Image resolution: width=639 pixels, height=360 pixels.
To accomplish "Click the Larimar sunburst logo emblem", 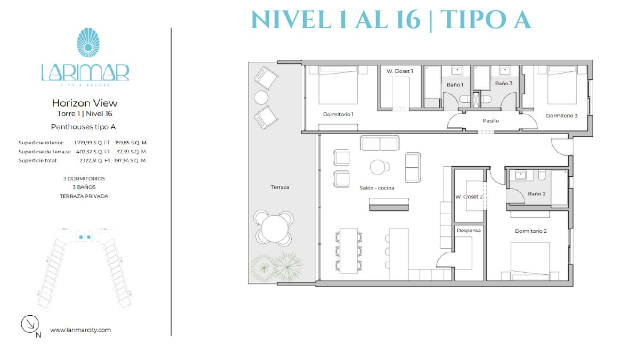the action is click(x=88, y=43).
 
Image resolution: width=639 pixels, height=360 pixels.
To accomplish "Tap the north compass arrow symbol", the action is click(x=30, y=324).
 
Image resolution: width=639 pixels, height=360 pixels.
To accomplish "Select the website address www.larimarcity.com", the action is click(x=80, y=330).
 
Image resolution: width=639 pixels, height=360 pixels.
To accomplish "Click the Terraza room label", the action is click(x=280, y=187).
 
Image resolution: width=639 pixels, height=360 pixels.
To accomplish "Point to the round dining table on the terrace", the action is click(x=274, y=228).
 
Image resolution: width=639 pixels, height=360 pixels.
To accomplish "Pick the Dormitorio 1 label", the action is click(x=338, y=114).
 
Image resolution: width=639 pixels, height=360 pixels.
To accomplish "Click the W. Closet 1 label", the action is click(x=400, y=71).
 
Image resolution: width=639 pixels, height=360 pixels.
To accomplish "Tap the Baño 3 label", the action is click(x=504, y=83).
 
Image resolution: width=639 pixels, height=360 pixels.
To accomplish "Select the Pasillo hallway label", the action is click(x=490, y=121).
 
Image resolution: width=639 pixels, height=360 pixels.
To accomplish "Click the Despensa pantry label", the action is click(x=469, y=231).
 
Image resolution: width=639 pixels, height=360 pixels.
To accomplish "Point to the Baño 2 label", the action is click(x=537, y=194).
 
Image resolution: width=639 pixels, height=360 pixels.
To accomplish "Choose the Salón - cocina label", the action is click(x=377, y=187).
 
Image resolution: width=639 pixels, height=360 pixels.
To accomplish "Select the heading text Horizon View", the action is click(x=85, y=103).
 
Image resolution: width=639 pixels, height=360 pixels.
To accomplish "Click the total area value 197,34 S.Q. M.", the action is click(x=130, y=161).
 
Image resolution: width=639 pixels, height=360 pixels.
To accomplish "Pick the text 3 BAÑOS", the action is click(x=84, y=187).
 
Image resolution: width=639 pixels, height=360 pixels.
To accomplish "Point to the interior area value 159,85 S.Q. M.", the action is click(x=131, y=143).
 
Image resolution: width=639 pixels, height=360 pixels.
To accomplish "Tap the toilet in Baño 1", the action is click(x=464, y=99).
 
